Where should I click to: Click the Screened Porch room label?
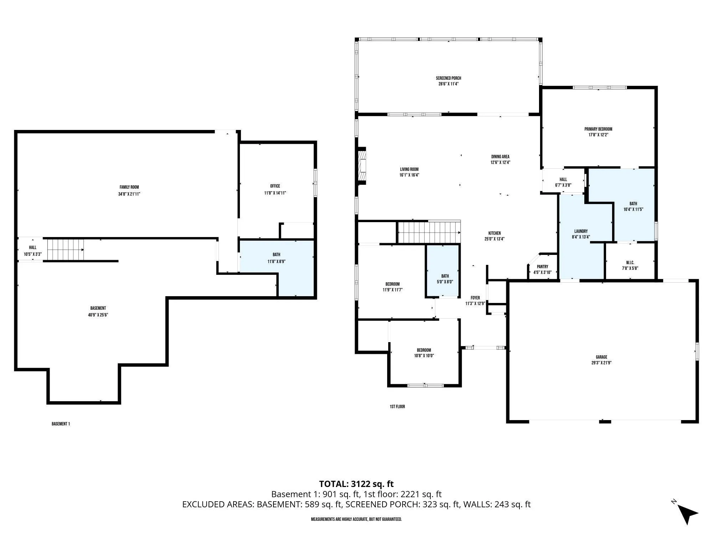pos(448,78)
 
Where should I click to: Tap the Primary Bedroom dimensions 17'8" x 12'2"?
pos(598,135)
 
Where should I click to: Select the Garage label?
pos(601,357)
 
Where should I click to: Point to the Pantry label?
pos(543,267)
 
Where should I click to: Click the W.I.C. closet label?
pos(630,263)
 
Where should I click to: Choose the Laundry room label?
pos(581,231)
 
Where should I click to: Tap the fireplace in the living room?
pos(362,166)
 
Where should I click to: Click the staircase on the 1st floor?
pos(429,232)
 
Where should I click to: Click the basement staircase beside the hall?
pos(66,250)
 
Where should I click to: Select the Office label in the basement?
pos(275,186)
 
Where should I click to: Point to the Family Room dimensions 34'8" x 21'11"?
pos(129,194)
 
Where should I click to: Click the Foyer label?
pos(475,298)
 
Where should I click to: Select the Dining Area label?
pos(500,157)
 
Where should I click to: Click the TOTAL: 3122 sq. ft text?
pos(356,484)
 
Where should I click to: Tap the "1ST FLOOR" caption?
pos(397,407)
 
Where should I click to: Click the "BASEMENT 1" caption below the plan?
pos(61,424)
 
